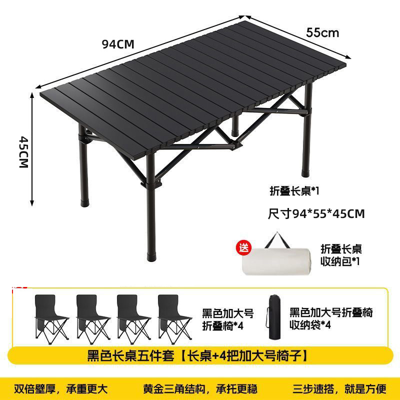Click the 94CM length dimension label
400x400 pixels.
(118, 43)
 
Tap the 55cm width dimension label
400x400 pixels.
(322, 33)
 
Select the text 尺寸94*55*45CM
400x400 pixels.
(316, 214)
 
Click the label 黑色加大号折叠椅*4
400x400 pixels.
(227, 319)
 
